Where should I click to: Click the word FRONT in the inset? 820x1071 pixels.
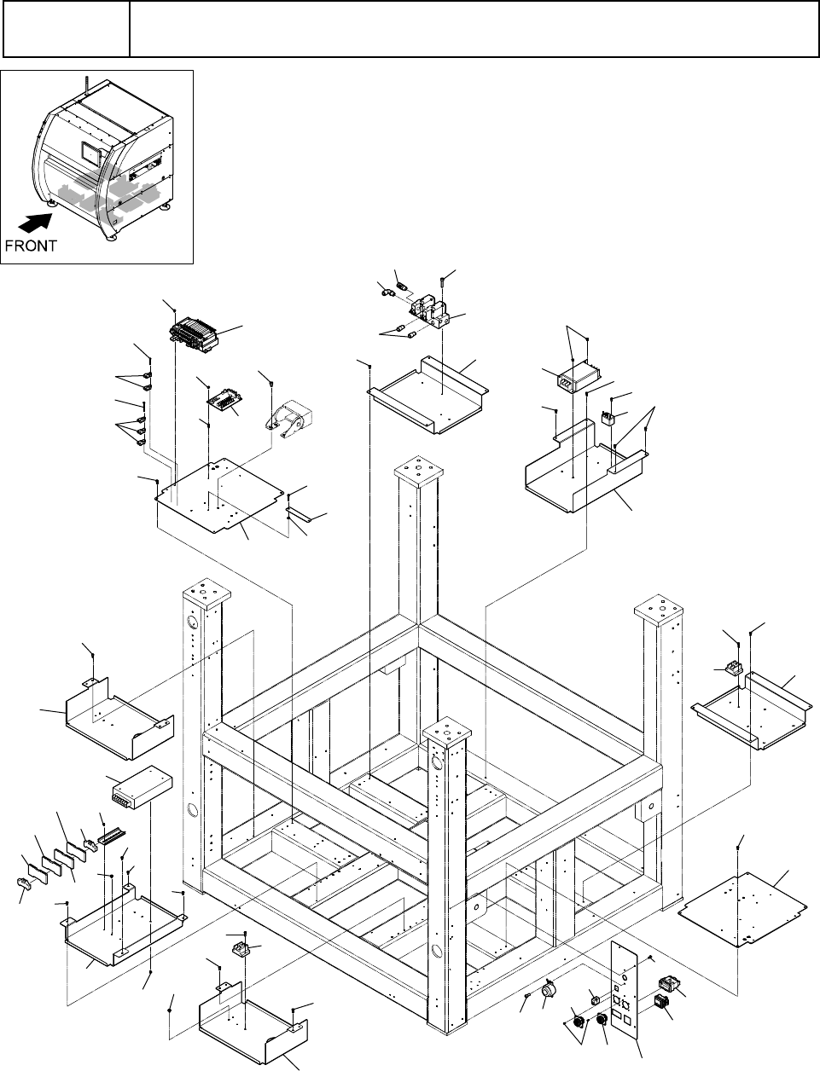click(x=31, y=246)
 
